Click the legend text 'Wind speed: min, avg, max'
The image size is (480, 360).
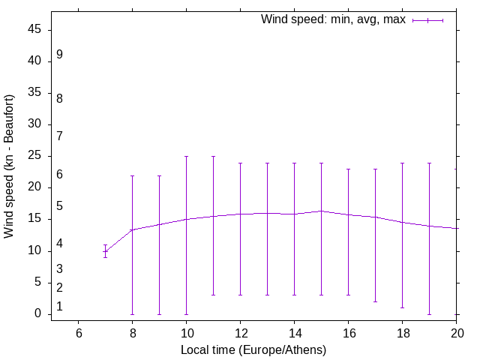click(333, 19)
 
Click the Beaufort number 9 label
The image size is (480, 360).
click(59, 55)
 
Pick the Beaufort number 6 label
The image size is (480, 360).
click(59, 175)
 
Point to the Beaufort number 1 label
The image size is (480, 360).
click(59, 307)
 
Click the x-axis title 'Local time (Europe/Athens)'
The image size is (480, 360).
click(253, 349)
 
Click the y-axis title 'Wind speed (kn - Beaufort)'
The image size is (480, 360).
click(10, 166)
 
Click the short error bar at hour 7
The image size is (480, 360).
click(106, 251)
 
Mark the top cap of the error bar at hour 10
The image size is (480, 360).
click(187, 157)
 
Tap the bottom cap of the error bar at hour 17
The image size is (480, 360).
click(375, 301)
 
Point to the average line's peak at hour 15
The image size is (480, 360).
click(321, 211)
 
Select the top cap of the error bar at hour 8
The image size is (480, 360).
click(133, 175)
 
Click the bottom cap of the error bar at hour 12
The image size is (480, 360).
click(240, 295)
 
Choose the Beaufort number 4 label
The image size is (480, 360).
click(59, 244)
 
